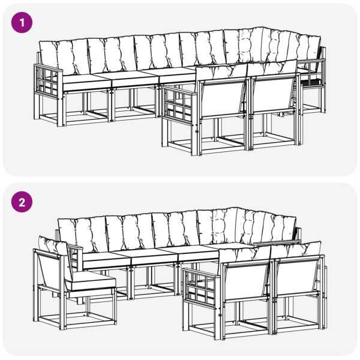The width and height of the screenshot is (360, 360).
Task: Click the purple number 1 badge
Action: [x=22, y=23]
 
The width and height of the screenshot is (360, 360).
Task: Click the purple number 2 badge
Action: [x=22, y=202]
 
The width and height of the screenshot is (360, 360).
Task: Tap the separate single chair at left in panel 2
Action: [x=72, y=282]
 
